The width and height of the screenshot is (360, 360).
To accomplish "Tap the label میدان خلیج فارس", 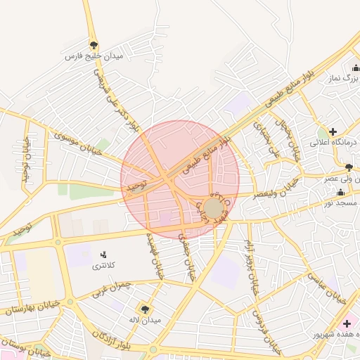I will coord(94,56).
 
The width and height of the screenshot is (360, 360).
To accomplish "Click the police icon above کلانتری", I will coord(103,255).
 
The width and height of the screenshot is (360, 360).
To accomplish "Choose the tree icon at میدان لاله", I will coord(146,308).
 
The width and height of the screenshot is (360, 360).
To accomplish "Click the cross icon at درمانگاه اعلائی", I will coord(333,131).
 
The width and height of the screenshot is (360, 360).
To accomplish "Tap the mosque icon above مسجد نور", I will coord(341,193).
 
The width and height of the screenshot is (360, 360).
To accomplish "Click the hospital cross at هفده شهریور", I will coord(347,323).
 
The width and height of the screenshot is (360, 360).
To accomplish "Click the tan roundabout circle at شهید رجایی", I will coord(213,208).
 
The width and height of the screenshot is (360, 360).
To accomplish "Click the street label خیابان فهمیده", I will coord(154,256).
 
